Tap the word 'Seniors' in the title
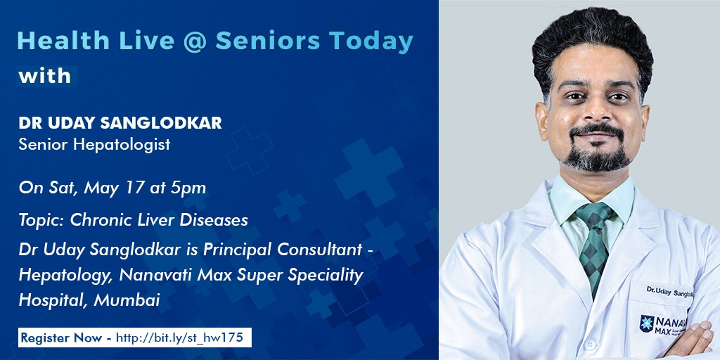(268, 41)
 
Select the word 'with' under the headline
(45, 76)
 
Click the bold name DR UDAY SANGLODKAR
(120, 123)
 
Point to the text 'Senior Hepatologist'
(95, 145)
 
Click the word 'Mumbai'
(127, 300)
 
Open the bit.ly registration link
(179, 338)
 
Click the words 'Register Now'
(62, 338)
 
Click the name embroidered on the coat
(670, 292)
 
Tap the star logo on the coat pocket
(647, 323)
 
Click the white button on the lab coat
(590, 344)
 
